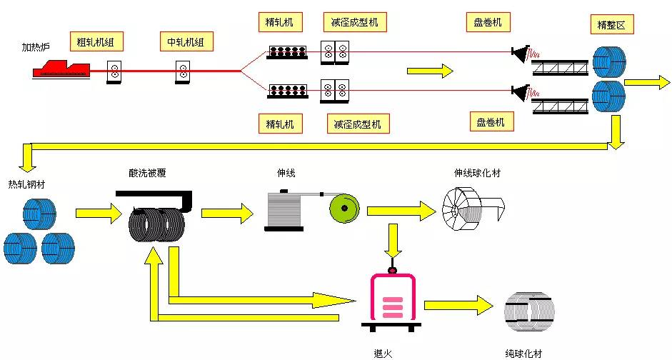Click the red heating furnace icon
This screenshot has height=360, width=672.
(61, 68)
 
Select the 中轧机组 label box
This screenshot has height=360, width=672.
(186, 41)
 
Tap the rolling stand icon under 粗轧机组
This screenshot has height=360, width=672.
(114, 71)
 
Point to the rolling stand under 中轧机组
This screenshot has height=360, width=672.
(183, 71)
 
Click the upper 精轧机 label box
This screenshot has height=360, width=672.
(280, 22)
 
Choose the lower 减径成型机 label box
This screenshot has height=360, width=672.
(358, 124)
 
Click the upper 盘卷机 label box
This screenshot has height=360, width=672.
(488, 22)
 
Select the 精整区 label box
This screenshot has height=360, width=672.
(612, 24)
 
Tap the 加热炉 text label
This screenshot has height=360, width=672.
(36, 46)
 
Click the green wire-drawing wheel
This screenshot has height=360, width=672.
(344, 209)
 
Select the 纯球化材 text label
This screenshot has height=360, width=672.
(523, 354)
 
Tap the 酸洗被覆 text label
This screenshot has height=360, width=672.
(147, 173)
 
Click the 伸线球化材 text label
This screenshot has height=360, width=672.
(478, 173)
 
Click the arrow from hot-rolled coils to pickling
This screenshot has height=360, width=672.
(99, 213)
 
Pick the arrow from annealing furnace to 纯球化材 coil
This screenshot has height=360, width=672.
(459, 305)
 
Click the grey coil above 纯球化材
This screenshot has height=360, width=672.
(530, 311)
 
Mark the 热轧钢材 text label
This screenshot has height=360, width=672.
(26, 184)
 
